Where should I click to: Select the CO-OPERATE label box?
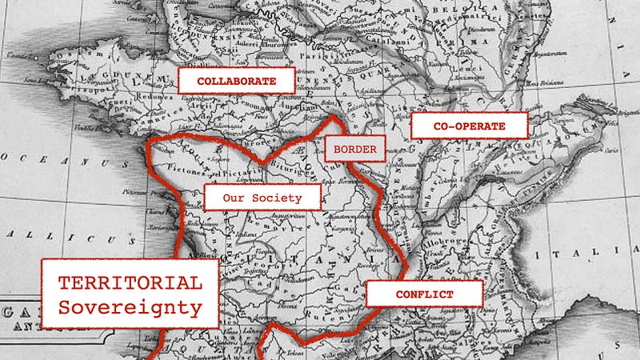(x=470, y=126)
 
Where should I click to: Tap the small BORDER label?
(x=355, y=149)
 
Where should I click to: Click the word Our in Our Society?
(x=234, y=198)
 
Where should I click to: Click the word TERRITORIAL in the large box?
(x=129, y=283)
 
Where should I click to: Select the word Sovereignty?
(x=130, y=307)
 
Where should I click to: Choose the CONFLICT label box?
(x=424, y=294)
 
